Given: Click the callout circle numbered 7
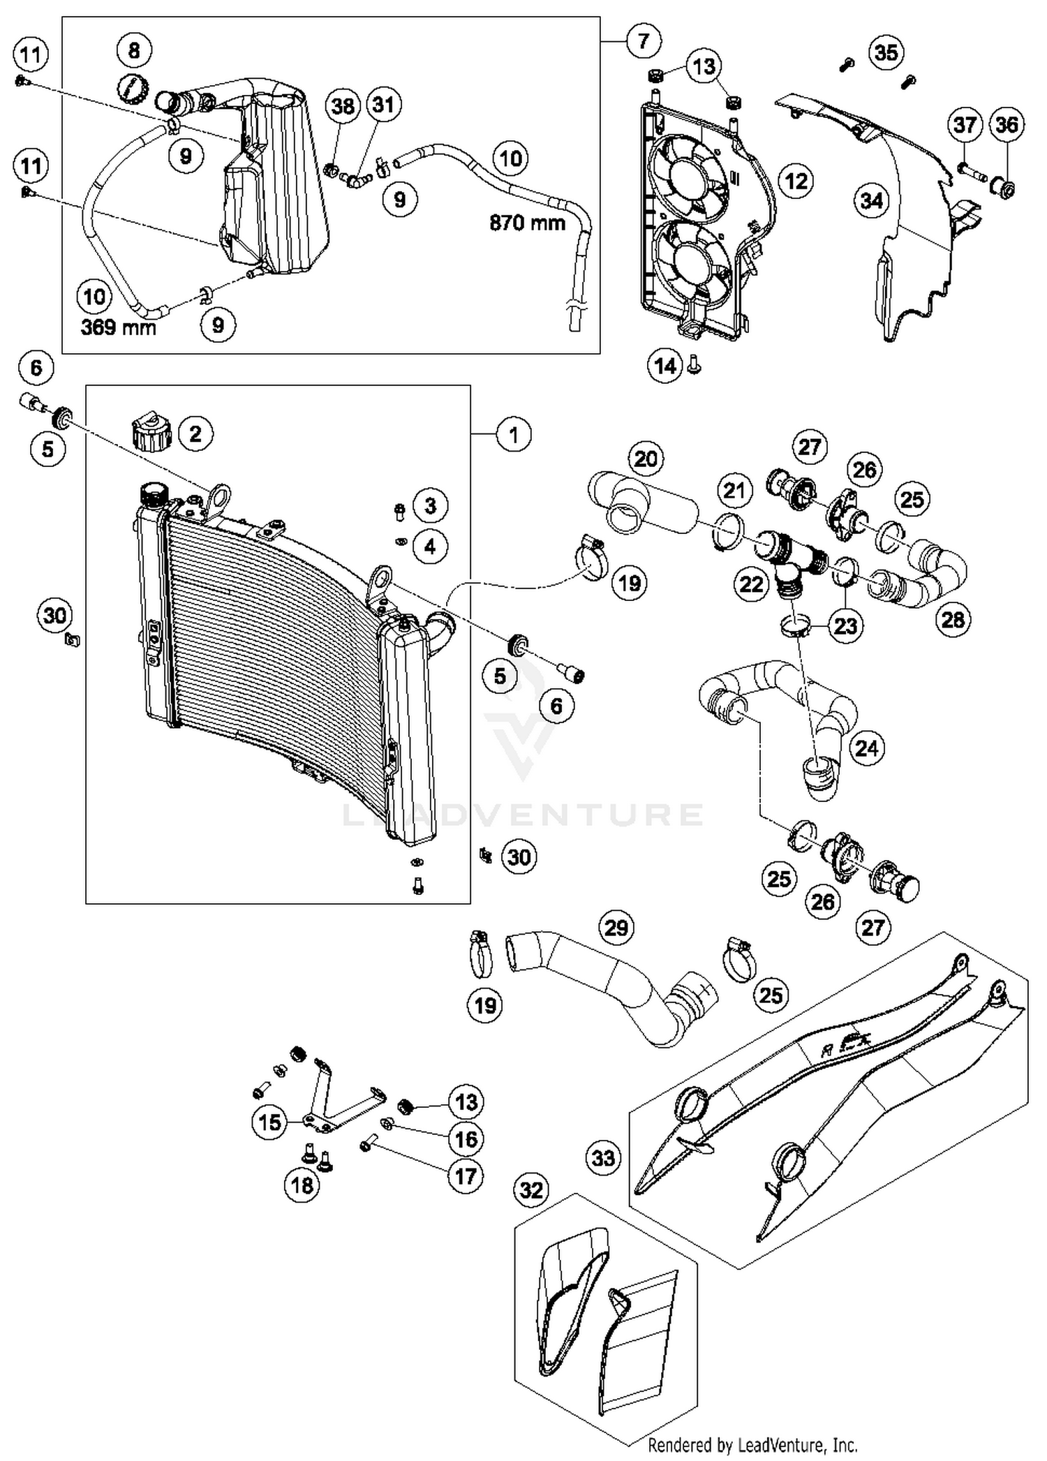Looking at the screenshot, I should click(x=643, y=41).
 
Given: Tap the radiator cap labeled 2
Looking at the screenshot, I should click(x=151, y=433).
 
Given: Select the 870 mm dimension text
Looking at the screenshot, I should click(x=527, y=223).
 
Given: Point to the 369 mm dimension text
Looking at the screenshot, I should click(x=118, y=327).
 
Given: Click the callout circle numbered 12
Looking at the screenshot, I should click(x=796, y=181).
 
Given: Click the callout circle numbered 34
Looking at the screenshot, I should click(x=872, y=201).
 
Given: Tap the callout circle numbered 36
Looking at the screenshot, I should click(x=1007, y=125).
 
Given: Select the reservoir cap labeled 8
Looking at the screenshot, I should click(x=132, y=90).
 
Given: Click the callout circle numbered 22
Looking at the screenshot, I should click(x=751, y=584).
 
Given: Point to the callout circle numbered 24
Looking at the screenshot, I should click(x=866, y=748).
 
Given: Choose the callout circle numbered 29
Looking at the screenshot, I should click(x=616, y=928).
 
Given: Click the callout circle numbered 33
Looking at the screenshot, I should click(x=603, y=1158).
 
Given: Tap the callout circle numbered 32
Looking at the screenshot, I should click(x=532, y=1189).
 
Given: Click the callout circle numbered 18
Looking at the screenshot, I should click(x=302, y=1185).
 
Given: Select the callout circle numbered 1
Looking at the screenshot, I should click(x=514, y=435).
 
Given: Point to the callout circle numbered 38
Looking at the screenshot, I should click(x=343, y=106).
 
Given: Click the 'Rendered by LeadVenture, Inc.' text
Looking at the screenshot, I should click(x=752, y=1444).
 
